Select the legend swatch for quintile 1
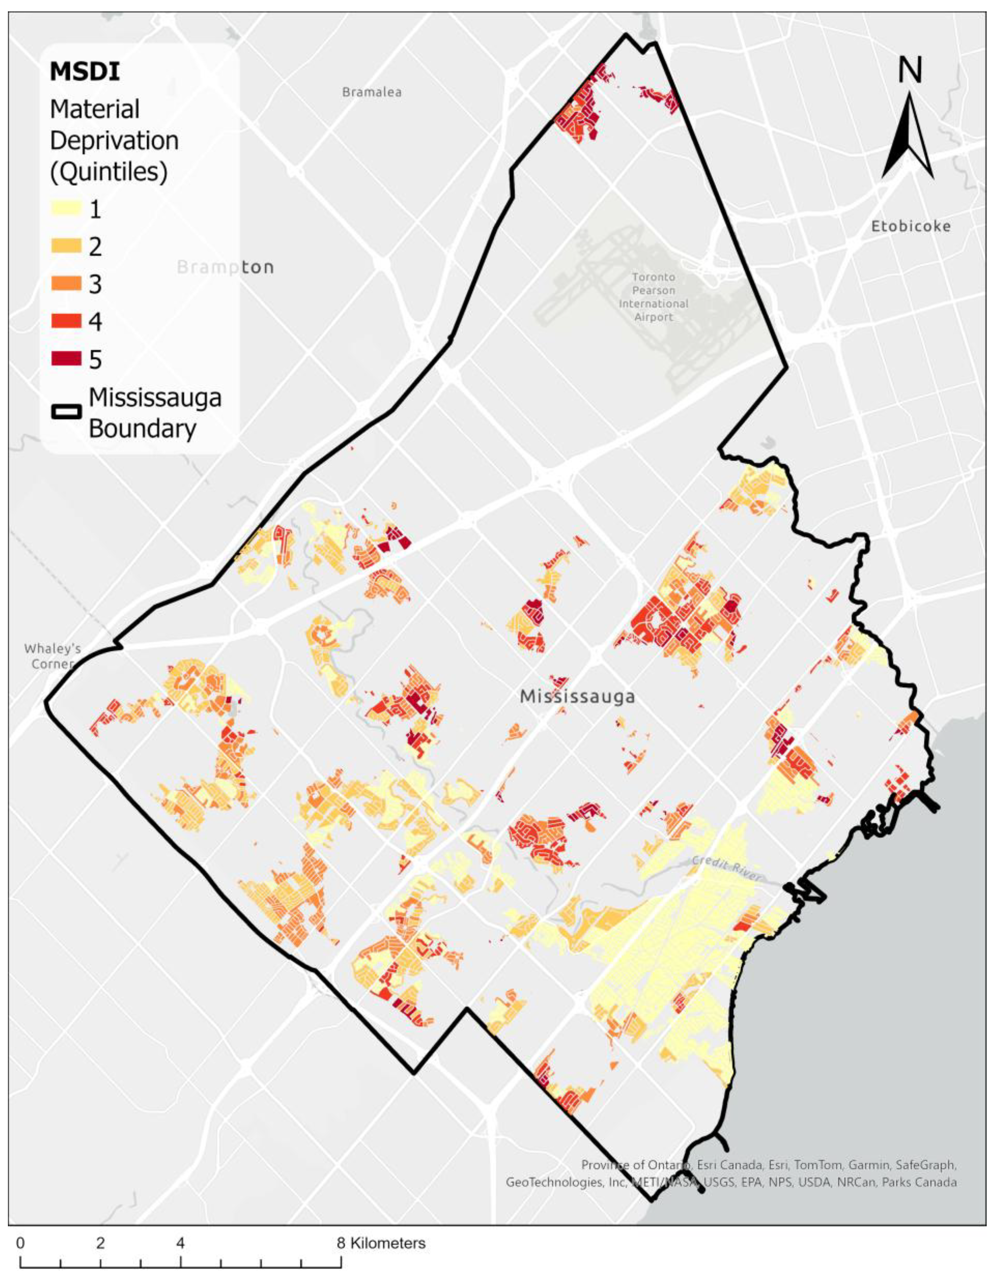66,209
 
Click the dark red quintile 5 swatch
66,359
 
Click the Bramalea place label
372,92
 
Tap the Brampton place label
225,268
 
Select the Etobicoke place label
910,226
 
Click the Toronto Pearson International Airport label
653,297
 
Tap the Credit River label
726,869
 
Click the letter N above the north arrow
910,70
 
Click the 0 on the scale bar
21,1243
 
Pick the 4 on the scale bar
181,1243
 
